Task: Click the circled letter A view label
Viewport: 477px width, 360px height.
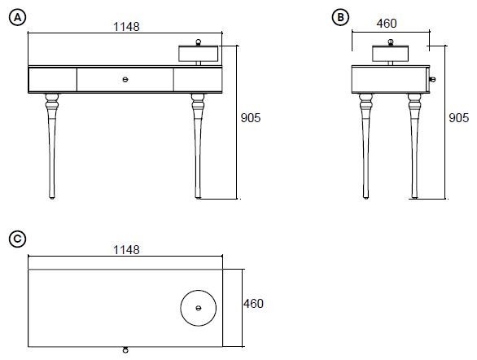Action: (18, 17)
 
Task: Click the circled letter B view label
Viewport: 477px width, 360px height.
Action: (340, 17)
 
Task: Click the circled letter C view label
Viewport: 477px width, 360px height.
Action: (17, 239)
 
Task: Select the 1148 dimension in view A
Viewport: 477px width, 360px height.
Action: (126, 27)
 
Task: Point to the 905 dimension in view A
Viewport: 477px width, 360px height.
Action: (251, 118)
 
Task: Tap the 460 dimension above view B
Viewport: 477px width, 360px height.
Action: (387, 24)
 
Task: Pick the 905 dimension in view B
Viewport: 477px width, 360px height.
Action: (458, 118)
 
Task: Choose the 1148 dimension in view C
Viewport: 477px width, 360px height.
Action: (126, 250)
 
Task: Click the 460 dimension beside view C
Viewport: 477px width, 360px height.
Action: (253, 304)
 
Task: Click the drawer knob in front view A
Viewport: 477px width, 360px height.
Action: (125, 80)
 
